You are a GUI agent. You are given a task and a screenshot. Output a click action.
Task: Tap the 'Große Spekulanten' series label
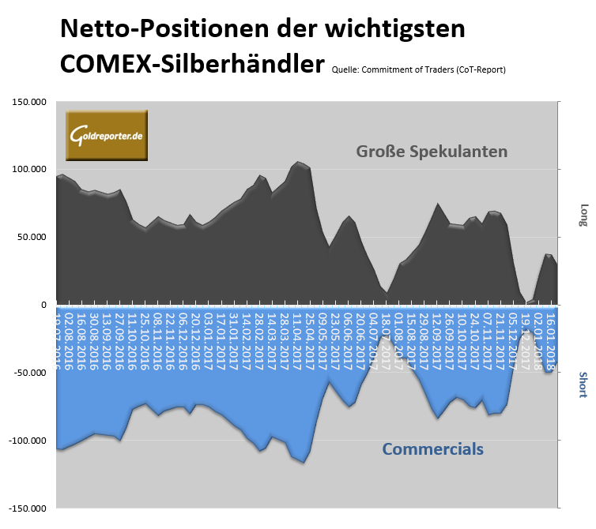[x=432, y=151]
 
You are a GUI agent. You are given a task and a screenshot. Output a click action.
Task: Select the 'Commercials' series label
[x=432, y=449]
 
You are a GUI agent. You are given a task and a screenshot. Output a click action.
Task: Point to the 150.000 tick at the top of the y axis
[x=28, y=102]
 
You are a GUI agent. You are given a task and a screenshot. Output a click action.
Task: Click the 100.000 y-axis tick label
[x=28, y=170]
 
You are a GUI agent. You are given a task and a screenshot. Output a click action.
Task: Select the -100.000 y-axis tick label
[x=27, y=440]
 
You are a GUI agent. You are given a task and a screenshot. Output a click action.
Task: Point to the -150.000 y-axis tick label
[x=27, y=508]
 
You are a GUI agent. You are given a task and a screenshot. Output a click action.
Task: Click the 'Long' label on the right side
[x=583, y=214]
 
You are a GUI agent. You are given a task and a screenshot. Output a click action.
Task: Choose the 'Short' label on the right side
[x=583, y=385]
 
